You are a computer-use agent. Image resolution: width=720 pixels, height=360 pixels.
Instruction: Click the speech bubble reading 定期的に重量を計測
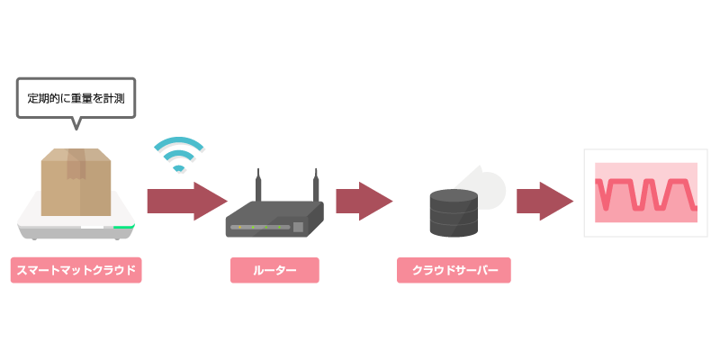(76, 97)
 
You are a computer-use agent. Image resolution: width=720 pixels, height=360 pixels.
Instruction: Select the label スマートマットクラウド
(76, 270)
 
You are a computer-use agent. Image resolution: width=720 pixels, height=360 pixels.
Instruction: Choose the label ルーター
(274, 270)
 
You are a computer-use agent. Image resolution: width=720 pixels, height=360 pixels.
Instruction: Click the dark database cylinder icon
(453, 212)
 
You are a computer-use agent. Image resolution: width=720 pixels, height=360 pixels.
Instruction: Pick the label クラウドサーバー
(454, 270)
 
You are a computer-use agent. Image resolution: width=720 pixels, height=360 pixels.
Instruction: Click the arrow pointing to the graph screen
(544, 201)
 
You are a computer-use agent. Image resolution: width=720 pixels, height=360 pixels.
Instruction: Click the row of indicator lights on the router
(261, 227)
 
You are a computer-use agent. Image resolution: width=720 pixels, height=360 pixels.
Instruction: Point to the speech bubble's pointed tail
(76, 124)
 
